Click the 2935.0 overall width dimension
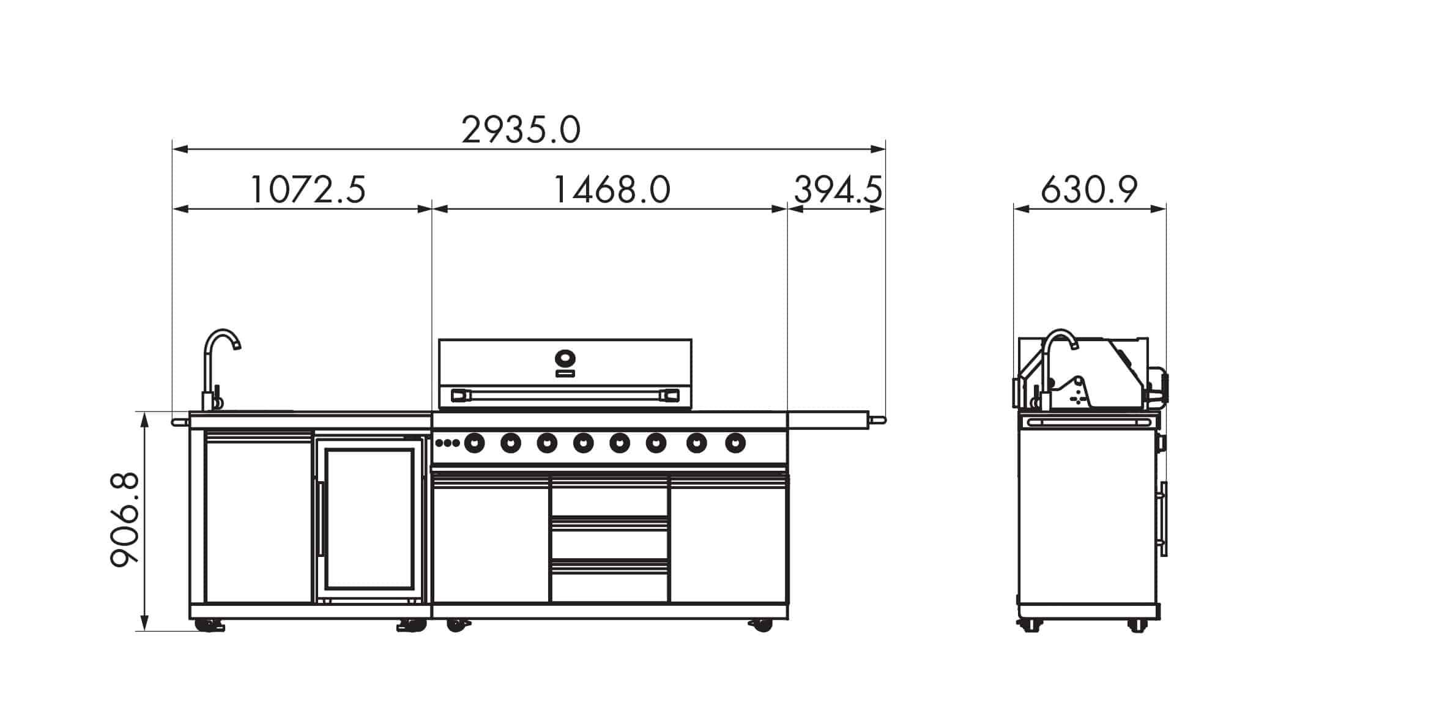coord(521,131)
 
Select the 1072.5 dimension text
coord(308,190)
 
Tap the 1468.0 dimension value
coord(612,190)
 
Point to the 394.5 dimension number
coord(838,190)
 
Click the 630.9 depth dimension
coord(1089,190)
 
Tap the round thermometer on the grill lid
coord(565,357)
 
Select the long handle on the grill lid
coord(565,396)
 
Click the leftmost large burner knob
coord(474,443)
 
